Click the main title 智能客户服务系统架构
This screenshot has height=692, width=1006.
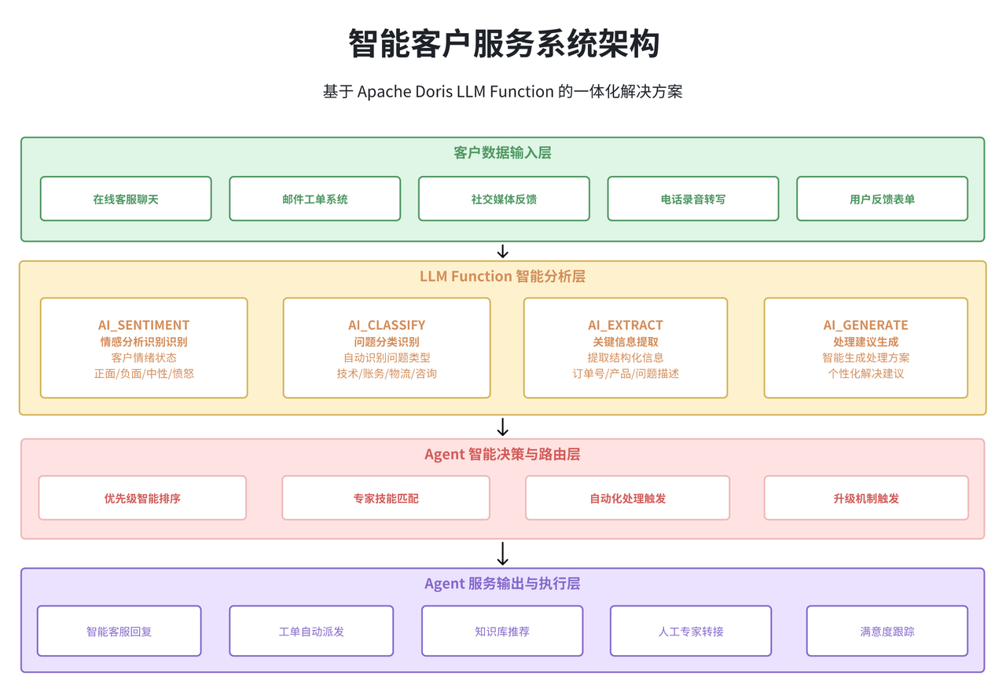pyautogui.click(x=503, y=44)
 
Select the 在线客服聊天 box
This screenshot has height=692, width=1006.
pyautogui.click(x=126, y=199)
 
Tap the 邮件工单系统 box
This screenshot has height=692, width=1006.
pyautogui.click(x=314, y=199)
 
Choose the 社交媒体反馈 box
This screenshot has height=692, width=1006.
pyautogui.click(x=504, y=199)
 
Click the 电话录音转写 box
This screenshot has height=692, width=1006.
pyautogui.click(x=693, y=199)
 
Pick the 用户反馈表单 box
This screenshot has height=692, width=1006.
pyautogui.click(x=882, y=199)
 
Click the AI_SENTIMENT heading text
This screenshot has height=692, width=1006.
pyautogui.click(x=144, y=325)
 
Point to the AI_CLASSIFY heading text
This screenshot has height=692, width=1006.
pyautogui.click(x=387, y=325)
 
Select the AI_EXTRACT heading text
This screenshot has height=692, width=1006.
pyautogui.click(x=626, y=325)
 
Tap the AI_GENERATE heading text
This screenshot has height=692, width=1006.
pyautogui.click(x=865, y=325)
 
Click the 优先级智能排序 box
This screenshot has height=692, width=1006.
pyautogui.click(x=142, y=498)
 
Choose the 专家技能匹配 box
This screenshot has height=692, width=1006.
pyautogui.click(x=386, y=498)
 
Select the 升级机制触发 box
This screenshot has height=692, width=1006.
pyautogui.click(x=866, y=498)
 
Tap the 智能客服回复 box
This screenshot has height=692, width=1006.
pyautogui.click(x=119, y=631)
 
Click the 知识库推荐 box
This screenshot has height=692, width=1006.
pyautogui.click(x=502, y=631)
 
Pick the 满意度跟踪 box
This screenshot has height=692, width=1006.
pyautogui.click(x=887, y=631)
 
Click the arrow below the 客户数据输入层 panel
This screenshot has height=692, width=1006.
pyautogui.click(x=503, y=251)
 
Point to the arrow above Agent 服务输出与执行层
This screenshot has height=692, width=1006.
pyautogui.click(x=503, y=554)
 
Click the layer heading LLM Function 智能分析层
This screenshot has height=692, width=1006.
pyautogui.click(x=502, y=276)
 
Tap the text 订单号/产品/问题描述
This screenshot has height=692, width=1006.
pyautogui.click(x=626, y=374)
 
